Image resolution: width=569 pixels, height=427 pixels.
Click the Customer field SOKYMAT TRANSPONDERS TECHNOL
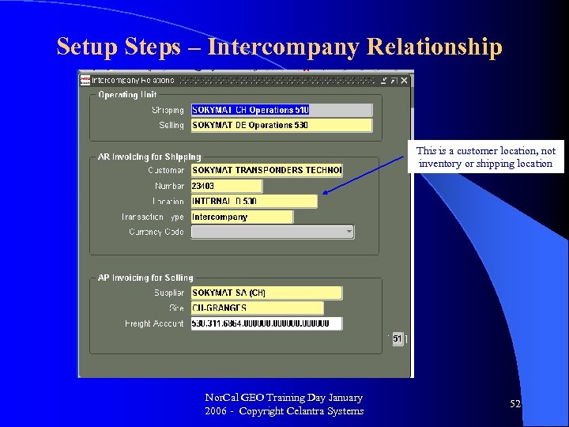pos(266,170)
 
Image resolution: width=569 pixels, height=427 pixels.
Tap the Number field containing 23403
pos(226,186)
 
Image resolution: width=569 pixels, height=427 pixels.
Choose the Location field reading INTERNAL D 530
pos(254,202)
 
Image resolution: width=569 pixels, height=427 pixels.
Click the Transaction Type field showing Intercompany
pos(241,217)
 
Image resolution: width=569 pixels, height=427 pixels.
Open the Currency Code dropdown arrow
pos(349,232)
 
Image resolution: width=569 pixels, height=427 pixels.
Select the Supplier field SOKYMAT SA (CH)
pos(266,293)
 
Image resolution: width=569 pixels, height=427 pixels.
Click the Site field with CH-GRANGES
pos(257,308)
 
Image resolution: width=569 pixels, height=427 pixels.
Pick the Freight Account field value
pos(266,323)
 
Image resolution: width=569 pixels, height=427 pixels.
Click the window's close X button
pos(404,80)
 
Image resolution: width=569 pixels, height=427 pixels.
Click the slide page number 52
pos(515,404)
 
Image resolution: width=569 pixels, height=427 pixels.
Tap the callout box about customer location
pos(485,157)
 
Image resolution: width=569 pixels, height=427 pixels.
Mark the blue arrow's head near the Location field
pos(326,191)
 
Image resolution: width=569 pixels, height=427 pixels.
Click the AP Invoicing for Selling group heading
pos(145,278)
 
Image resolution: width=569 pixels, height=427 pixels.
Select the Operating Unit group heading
pos(127,95)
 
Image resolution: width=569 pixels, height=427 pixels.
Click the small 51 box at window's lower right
pos(398,338)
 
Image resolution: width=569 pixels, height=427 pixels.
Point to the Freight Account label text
pos(154,323)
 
